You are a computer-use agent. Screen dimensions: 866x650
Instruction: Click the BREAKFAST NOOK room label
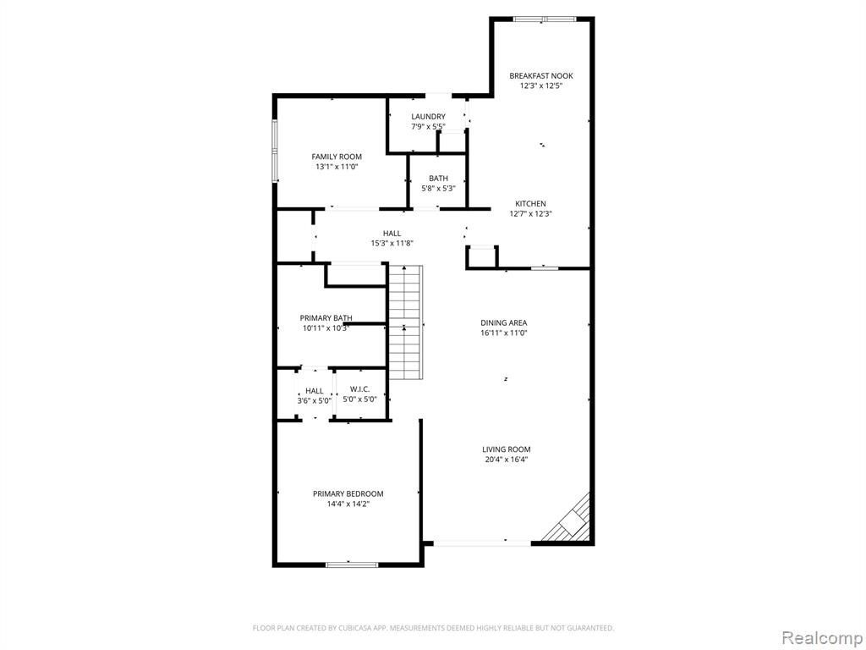(x=540, y=75)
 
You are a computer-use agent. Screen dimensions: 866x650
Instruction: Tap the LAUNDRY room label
(x=428, y=117)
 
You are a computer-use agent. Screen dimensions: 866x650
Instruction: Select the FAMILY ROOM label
(x=337, y=157)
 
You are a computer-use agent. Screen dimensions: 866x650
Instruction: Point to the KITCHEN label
(x=530, y=204)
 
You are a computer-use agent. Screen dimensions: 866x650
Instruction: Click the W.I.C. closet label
(x=359, y=389)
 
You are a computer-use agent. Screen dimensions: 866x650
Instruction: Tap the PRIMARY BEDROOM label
(x=348, y=494)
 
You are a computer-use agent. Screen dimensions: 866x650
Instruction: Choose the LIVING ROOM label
(x=506, y=450)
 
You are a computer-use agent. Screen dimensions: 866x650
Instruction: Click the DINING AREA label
(x=504, y=322)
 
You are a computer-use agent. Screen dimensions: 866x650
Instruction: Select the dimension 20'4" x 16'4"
(x=506, y=460)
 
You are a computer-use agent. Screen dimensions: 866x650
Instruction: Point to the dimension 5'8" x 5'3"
(x=439, y=189)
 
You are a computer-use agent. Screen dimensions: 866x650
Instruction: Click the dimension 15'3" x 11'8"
(x=392, y=243)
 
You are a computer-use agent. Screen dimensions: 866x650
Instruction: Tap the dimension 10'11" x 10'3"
(x=326, y=328)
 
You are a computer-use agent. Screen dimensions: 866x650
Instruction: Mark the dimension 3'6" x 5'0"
(x=315, y=400)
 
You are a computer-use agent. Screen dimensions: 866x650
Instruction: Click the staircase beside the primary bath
(x=405, y=322)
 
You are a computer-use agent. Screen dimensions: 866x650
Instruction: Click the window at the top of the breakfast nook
(x=545, y=19)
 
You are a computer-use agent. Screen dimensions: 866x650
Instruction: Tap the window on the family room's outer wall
(x=275, y=151)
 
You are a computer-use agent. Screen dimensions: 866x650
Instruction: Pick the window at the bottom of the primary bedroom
(x=352, y=565)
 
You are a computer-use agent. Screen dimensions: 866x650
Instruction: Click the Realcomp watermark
(x=820, y=638)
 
